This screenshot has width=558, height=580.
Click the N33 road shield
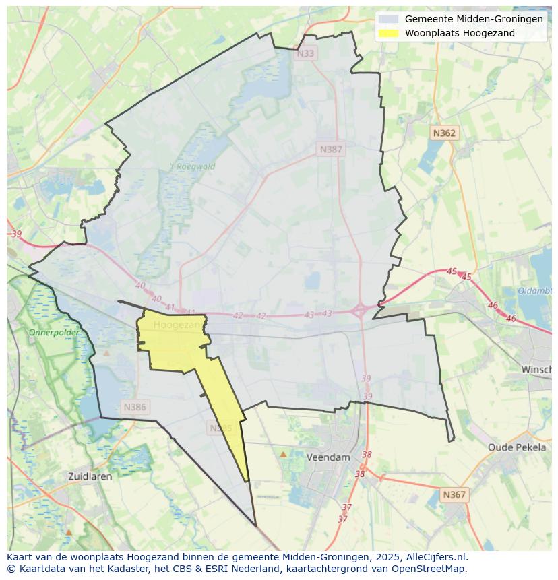pyautogui.click(x=306, y=53)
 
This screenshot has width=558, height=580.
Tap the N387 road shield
pyautogui.click(x=331, y=150)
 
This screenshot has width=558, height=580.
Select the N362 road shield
pyautogui.click(x=444, y=133)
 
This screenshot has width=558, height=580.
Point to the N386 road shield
pyautogui.click(x=135, y=407)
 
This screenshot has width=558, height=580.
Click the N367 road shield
pyautogui.click(x=454, y=495)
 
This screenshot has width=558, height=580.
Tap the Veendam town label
pyautogui.click(x=328, y=457)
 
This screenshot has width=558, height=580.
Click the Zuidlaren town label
pyautogui.click(x=90, y=476)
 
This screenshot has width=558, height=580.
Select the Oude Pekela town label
pyautogui.click(x=517, y=447)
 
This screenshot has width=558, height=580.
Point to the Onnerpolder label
pyautogui.click(x=54, y=333)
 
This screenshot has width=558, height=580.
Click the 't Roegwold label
pyautogui.click(x=192, y=167)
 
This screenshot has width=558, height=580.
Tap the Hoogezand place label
pyautogui.click(x=178, y=325)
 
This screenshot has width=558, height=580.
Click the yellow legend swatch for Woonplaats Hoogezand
pyautogui.click(x=388, y=33)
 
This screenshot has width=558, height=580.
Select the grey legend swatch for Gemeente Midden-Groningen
pyautogui.click(x=388, y=19)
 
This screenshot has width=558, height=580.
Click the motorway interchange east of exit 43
pyautogui.click(x=360, y=311)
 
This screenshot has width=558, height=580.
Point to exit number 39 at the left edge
pyautogui.click(x=16, y=234)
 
